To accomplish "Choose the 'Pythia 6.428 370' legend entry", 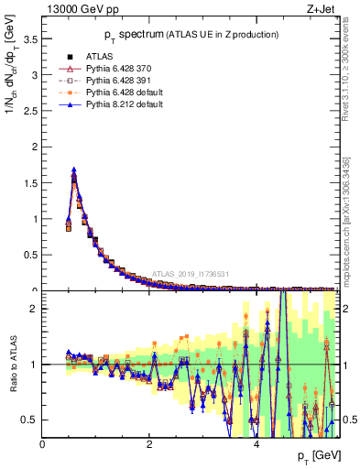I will coord(119,68).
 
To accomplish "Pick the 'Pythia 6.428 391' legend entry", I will coord(119,80).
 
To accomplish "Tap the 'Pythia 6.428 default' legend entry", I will coord(125,92).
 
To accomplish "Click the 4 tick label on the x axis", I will coord(256,444).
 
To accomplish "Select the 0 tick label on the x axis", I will coord(42,444).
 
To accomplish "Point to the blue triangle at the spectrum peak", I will coord(74,169).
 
